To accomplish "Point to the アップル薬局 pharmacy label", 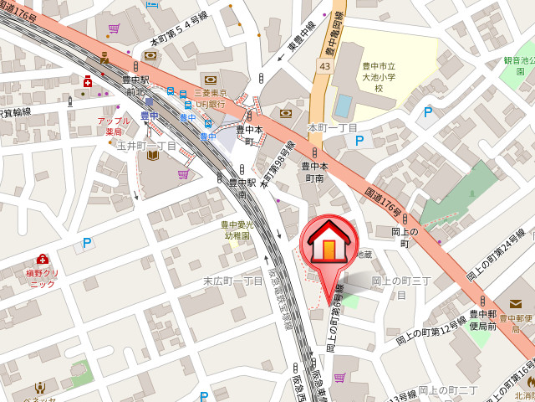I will [x=115, y=126].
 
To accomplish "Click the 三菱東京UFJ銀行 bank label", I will [x=210, y=98].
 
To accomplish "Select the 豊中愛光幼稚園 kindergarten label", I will [x=237, y=230].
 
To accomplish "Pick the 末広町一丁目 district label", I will [x=234, y=281].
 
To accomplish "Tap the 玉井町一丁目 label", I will [x=146, y=145].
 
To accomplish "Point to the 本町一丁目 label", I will [x=333, y=127].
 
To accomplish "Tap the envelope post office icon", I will [x=516, y=303].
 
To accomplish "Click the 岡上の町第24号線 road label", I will [x=499, y=250].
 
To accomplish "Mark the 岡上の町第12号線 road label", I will [x=431, y=332].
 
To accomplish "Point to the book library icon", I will [x=153, y=155].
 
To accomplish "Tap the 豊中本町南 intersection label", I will [x=313, y=172].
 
